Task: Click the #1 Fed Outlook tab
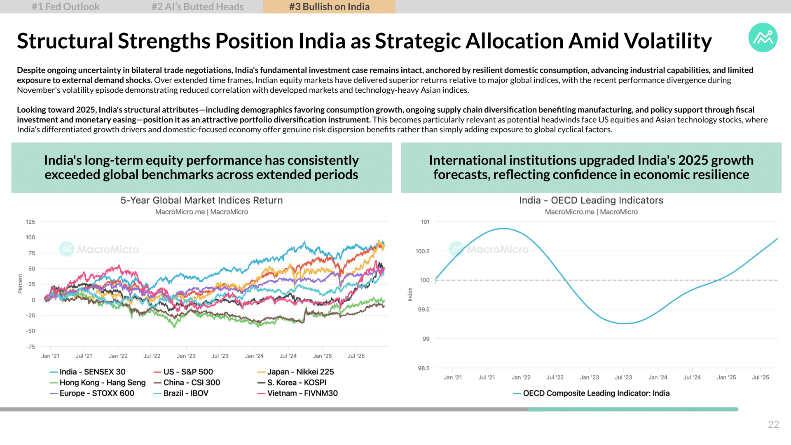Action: tap(66, 7)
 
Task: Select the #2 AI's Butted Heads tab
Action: tap(197, 7)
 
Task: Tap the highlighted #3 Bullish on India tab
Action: tap(329, 7)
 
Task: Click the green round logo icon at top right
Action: tap(763, 37)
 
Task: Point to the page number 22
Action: tap(773, 424)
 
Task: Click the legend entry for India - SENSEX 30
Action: tap(87, 372)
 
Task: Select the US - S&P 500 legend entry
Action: tap(183, 372)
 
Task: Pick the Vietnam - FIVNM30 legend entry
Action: tap(297, 393)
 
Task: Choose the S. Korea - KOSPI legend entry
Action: tap(292, 382)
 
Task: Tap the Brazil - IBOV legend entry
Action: tap(181, 393)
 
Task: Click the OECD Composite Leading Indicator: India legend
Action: tap(591, 393)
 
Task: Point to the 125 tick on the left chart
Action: tap(30, 222)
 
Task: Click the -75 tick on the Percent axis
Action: tap(30, 347)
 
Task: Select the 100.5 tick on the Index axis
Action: tap(422, 251)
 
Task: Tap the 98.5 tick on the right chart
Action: tap(424, 368)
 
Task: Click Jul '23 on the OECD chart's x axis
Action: tap(623, 377)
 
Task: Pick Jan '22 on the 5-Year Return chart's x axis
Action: tap(118, 356)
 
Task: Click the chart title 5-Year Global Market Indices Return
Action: tap(201, 200)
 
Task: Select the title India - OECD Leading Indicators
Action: tap(591, 200)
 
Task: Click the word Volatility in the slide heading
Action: tap(668, 41)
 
